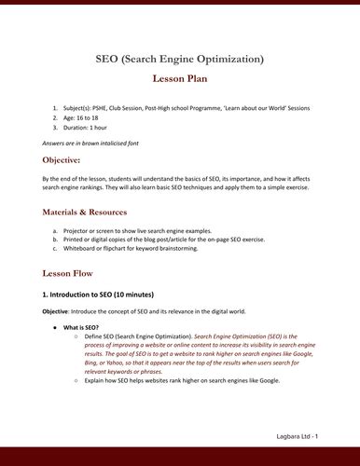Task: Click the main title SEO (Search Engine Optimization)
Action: point(179,60)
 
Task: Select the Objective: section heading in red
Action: point(68,160)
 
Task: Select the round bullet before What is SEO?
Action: point(57,327)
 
